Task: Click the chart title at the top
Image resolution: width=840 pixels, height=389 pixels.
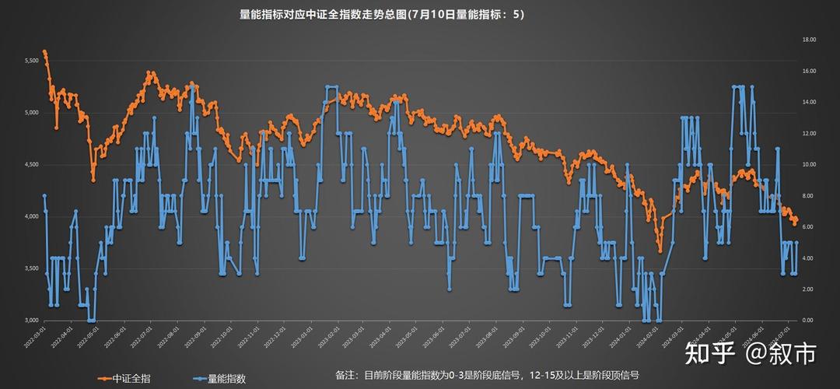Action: click(x=381, y=14)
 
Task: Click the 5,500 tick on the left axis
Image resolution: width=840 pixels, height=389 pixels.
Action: click(x=30, y=61)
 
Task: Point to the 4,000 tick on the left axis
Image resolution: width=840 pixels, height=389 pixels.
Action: click(x=30, y=216)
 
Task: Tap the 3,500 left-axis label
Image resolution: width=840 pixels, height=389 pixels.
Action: click(x=30, y=268)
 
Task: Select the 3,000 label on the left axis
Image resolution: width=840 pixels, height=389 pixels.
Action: click(x=30, y=320)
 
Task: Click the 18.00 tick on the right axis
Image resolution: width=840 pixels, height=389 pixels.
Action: click(x=809, y=40)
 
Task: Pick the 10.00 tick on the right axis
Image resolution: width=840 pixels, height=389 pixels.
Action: click(x=809, y=164)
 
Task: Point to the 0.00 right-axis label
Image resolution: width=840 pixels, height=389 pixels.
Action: click(x=809, y=320)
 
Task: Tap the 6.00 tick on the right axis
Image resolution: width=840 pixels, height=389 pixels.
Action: click(x=809, y=226)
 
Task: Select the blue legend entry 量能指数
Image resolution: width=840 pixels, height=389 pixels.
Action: click(x=226, y=379)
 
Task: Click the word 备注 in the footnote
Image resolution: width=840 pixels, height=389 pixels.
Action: click(x=346, y=375)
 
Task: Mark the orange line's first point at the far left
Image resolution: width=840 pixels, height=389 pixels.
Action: click(x=44, y=52)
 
